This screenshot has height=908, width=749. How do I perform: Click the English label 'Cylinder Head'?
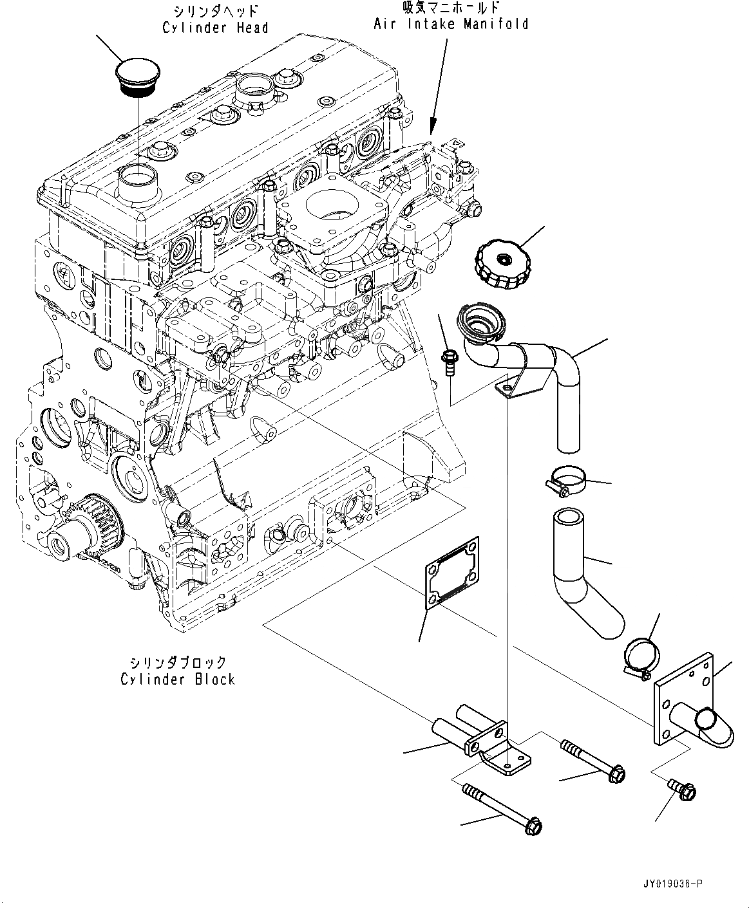215,28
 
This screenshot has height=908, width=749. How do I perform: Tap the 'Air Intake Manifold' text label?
451,24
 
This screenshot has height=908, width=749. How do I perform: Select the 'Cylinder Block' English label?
178,680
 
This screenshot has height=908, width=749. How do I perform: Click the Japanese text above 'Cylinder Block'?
178,662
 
